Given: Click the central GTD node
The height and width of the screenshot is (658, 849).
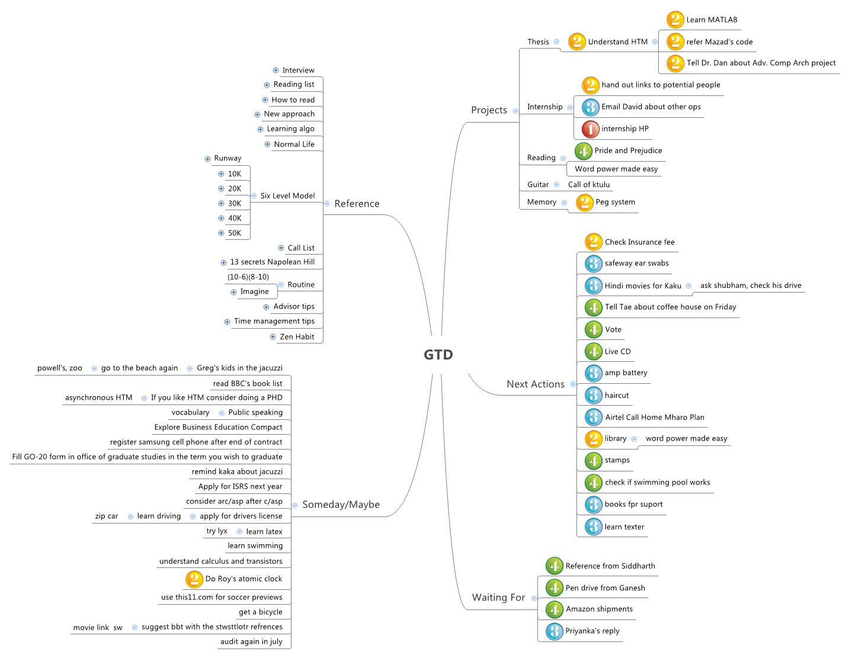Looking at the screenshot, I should click(438, 355).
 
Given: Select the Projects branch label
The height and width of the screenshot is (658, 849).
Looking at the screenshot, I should click(489, 110).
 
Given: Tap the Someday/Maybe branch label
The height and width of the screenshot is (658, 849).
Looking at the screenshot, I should click(341, 505).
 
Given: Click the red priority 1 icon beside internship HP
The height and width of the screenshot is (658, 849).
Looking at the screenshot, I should click(590, 129).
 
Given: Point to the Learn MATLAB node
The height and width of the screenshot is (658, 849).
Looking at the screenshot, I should click(712, 20).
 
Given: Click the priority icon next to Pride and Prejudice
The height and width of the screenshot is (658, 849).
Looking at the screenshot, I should click(584, 151).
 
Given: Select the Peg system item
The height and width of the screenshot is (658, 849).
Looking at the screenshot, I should click(615, 202).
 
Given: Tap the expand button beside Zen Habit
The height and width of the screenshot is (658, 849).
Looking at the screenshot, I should click(273, 337).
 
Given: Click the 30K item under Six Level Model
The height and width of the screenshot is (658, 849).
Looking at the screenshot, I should click(235, 204).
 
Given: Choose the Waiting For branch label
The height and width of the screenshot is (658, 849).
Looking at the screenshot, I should click(498, 598).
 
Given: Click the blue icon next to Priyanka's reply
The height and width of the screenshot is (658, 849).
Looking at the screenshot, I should click(555, 631).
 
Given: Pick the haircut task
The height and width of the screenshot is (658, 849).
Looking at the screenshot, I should click(617, 396).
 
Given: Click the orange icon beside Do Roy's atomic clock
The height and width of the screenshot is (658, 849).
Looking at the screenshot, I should click(194, 579).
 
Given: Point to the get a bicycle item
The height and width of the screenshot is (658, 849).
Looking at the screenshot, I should click(261, 612).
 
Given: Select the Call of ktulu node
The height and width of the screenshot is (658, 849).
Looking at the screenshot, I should click(589, 185).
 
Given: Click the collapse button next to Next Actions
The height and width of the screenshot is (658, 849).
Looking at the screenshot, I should click(573, 384).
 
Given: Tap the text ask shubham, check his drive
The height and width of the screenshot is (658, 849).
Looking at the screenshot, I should click(751, 285).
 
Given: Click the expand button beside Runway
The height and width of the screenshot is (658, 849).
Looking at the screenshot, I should click(207, 159).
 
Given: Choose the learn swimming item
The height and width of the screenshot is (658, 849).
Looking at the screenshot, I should click(255, 546).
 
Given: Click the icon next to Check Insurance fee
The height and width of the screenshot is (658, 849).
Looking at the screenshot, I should click(593, 242).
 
